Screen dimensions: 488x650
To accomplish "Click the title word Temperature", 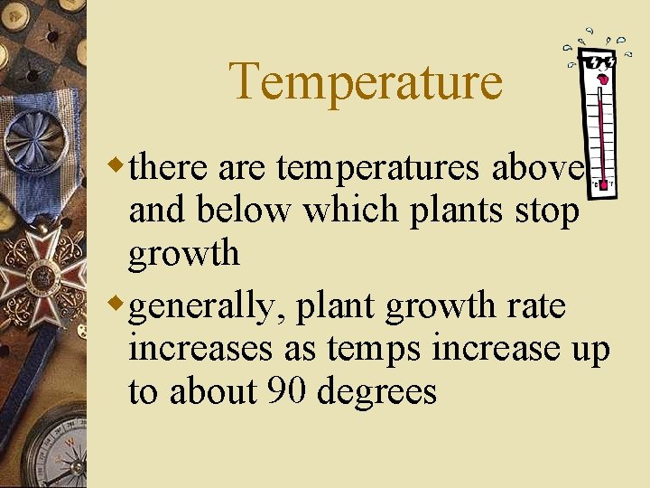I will [366, 81].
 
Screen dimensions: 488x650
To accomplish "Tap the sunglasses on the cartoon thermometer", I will [599, 63].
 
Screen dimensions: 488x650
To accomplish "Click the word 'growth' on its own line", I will [184, 255].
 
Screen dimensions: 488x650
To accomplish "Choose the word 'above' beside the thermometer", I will [539, 167].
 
